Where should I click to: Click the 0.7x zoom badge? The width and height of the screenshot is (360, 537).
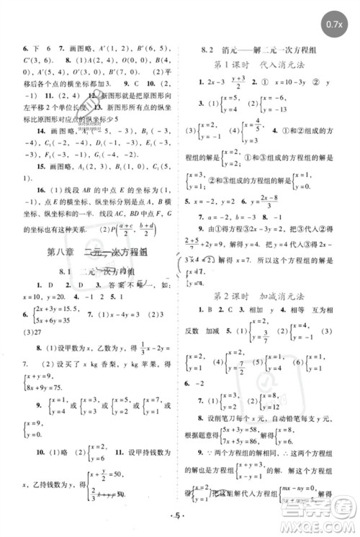(333, 24)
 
